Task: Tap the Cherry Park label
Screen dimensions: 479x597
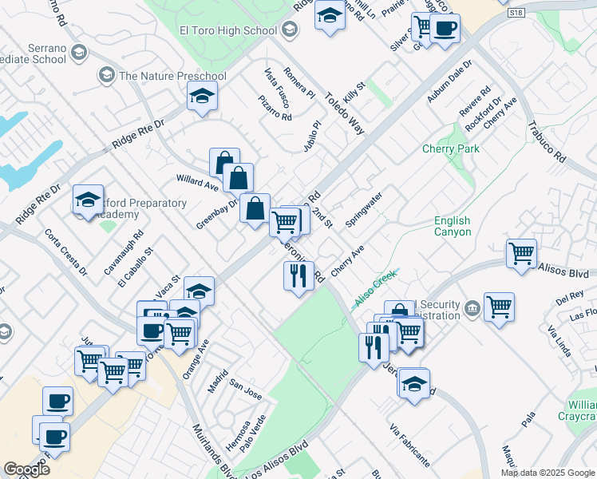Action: pyautogui.click(x=451, y=149)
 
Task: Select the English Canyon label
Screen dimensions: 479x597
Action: pyautogui.click(x=453, y=226)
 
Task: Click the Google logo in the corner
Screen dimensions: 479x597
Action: pyautogui.click(x=26, y=469)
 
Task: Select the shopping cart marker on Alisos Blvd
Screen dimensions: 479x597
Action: pyautogui.click(x=521, y=254)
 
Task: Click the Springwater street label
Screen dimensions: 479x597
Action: pyautogui.click(x=363, y=208)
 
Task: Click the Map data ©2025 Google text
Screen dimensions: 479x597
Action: pyautogui.click(x=547, y=472)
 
